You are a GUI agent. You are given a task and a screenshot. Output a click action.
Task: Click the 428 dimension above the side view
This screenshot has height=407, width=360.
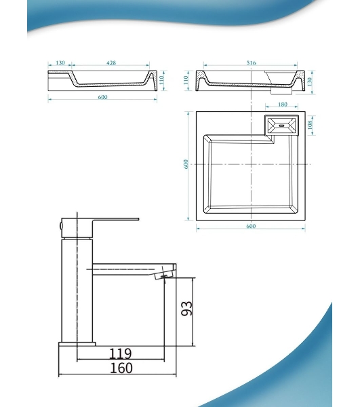pyautogui.click(x=111, y=63)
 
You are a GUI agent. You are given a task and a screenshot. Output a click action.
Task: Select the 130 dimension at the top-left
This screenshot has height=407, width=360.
pyautogui.click(x=60, y=63)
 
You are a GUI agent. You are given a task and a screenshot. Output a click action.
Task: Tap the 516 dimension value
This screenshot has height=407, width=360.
pyautogui.click(x=251, y=63)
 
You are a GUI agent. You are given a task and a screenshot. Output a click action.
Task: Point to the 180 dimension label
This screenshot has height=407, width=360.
pyautogui.click(x=283, y=104)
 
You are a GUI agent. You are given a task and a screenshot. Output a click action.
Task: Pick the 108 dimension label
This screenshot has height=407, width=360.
pyautogui.click(x=311, y=125)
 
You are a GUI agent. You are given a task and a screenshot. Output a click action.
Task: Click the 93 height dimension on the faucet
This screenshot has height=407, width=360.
pyautogui.click(x=186, y=309)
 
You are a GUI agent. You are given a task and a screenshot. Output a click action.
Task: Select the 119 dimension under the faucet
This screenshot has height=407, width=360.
pyautogui.click(x=121, y=353)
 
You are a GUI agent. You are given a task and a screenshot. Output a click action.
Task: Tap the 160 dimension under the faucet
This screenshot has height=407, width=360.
pyautogui.click(x=121, y=368)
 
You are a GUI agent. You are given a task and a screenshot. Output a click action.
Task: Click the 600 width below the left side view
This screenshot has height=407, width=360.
pyautogui.click(x=102, y=97)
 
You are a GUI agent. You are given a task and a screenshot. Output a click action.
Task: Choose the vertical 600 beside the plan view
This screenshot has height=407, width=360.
pyautogui.click(x=186, y=164)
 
